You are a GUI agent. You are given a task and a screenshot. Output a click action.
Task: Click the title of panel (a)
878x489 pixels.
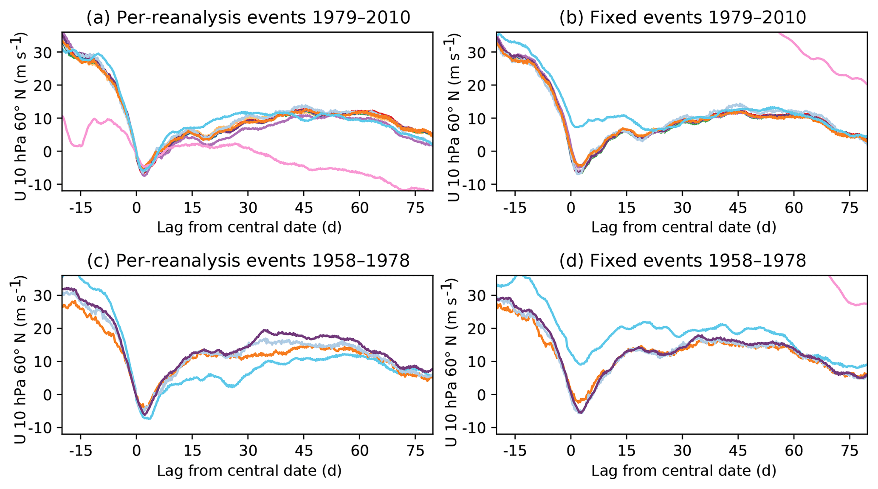coord(248,18)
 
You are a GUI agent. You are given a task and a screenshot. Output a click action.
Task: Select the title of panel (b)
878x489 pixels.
coord(683,18)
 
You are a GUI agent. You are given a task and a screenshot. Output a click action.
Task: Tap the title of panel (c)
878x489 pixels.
coord(248,261)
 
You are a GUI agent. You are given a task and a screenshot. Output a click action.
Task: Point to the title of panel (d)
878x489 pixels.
coord(683,261)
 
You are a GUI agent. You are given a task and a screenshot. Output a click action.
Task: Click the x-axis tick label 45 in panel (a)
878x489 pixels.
coord(304,208)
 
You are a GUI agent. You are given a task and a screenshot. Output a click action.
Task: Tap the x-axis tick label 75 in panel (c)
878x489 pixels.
coord(415,451)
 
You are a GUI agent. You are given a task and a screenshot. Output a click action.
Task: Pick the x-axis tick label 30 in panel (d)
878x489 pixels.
coord(683,451)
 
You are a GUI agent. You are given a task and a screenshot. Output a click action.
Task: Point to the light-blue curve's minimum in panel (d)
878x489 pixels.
coord(581,364)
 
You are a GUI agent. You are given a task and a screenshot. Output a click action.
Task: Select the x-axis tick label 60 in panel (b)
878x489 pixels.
coord(794,208)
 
